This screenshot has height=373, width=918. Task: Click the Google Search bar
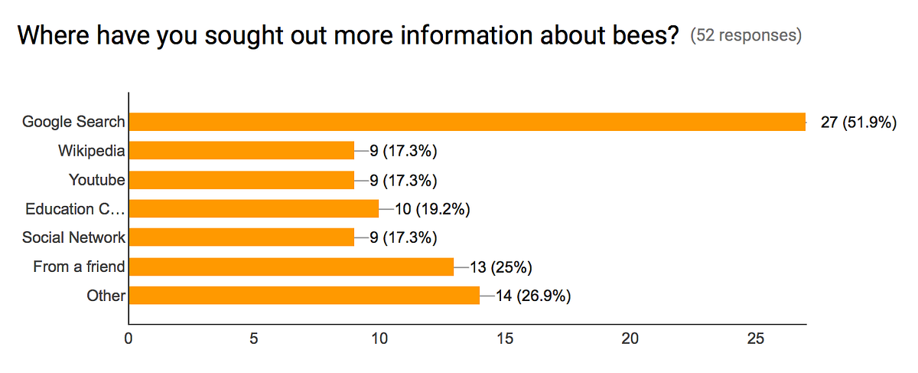pos(467,122)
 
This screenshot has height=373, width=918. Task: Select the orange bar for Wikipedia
pos(242,151)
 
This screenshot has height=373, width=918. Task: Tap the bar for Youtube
pos(242,180)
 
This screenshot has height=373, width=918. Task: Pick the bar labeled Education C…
pos(254,208)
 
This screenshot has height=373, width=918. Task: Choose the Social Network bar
pos(242,237)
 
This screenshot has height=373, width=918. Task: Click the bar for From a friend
pos(291,267)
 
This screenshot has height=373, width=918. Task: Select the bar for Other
pos(304,296)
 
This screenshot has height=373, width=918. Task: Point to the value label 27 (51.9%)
pos(858,123)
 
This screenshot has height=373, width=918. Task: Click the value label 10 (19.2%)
pos(431,208)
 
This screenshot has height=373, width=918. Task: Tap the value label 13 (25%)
pos(500,267)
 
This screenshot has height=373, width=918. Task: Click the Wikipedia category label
pos(92,151)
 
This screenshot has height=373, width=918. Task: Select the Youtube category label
pos(97,180)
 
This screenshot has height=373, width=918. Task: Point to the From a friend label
pos(79,267)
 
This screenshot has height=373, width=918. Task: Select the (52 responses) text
pos(746,36)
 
